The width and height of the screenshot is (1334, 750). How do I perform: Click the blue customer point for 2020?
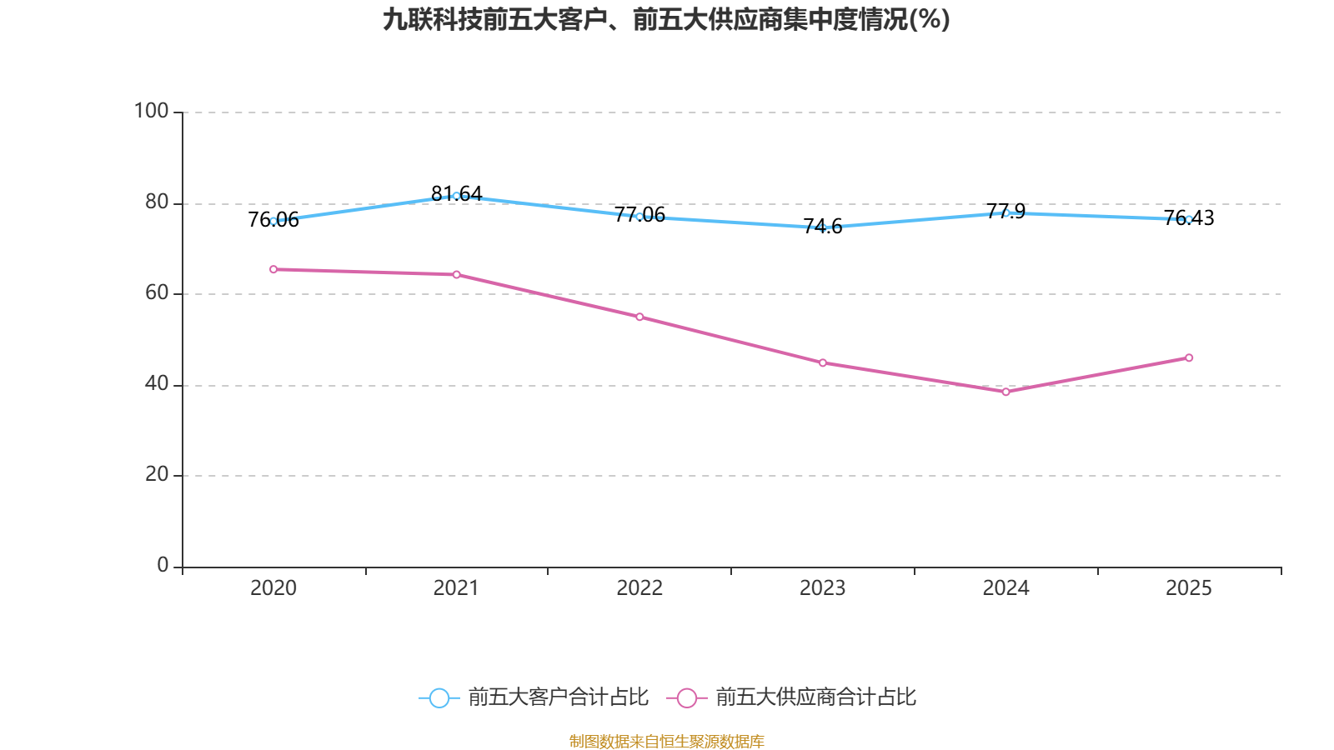tap(273, 221)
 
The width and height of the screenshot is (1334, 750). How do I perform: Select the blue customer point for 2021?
tap(456, 196)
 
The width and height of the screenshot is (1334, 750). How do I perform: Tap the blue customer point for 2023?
tap(823, 227)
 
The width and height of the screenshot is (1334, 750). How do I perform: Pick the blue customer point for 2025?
tap(1189, 219)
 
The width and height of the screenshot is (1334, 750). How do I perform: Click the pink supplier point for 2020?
tap(273, 269)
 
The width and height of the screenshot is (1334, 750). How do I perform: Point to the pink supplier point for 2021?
tap(456, 274)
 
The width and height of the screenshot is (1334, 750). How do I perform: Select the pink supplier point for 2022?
tap(639, 317)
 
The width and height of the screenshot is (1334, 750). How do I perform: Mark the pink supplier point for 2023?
tap(823, 362)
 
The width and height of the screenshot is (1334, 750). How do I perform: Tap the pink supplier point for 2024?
tap(1006, 392)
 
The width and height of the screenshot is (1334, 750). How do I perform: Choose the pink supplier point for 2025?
tap(1189, 357)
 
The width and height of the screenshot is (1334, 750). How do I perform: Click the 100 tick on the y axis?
tap(152, 111)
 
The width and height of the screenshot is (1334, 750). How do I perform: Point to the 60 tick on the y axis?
tap(157, 292)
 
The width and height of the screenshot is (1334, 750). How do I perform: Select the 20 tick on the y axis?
tap(157, 474)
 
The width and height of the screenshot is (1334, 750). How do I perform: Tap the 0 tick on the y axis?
tap(163, 565)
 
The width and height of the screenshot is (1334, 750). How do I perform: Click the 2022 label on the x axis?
tap(639, 588)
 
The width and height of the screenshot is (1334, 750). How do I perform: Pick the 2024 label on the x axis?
tap(1006, 588)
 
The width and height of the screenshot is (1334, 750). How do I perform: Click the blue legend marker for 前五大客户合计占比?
tap(439, 697)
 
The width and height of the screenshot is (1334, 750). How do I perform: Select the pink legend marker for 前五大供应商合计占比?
tap(687, 697)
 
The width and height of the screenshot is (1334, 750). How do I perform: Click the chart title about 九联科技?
tap(666, 19)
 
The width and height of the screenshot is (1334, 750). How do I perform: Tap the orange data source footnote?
tap(666, 741)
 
